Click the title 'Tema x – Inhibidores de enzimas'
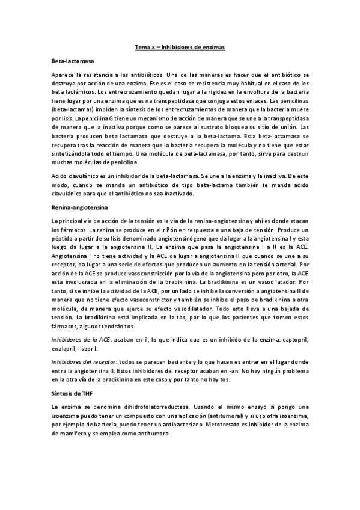(x=180, y=46)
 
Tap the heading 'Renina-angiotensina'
(x=76, y=207)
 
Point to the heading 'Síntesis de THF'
(x=72, y=393)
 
